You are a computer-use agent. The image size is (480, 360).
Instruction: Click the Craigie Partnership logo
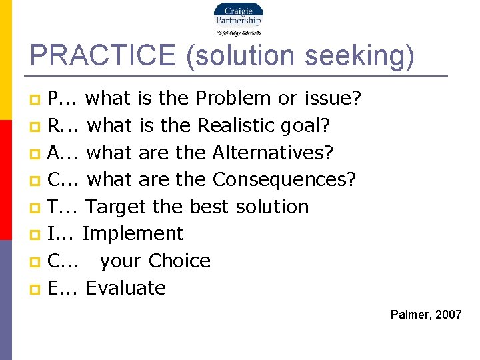pos(238,18)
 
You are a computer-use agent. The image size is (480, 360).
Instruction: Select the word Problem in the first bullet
pos(234,99)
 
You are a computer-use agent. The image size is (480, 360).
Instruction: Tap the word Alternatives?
pos(273,153)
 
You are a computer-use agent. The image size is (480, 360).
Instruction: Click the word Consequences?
pos(285,179)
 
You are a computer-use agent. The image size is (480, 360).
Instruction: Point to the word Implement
pos(132,233)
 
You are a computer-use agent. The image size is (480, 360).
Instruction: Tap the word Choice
pos(179,261)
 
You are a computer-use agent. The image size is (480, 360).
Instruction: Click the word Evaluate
pos(126,288)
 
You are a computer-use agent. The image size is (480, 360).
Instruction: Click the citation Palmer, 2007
pos(426,315)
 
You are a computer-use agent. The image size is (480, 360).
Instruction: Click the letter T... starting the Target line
pos(63,207)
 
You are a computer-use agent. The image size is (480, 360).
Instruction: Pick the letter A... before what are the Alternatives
pos(64,153)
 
